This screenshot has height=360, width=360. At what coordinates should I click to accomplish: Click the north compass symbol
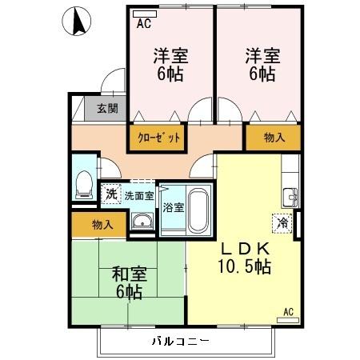(x=78, y=22)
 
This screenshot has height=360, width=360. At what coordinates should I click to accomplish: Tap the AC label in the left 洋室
(x=143, y=24)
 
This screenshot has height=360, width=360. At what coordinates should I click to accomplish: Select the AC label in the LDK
(x=289, y=311)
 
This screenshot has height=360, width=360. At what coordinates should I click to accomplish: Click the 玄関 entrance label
(x=106, y=108)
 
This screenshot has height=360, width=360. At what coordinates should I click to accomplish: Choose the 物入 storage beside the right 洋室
(x=274, y=137)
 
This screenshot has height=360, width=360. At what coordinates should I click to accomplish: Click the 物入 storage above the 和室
(x=102, y=224)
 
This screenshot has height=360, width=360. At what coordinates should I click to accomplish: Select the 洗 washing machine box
(x=110, y=194)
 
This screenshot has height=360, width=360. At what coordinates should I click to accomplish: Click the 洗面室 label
(x=138, y=194)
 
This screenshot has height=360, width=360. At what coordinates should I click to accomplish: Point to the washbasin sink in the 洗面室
(x=142, y=222)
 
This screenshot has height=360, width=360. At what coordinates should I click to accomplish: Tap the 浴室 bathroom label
(x=173, y=207)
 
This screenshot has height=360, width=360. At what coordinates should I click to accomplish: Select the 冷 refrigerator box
(x=282, y=223)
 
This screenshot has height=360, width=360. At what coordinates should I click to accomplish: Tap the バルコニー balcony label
(x=180, y=342)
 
